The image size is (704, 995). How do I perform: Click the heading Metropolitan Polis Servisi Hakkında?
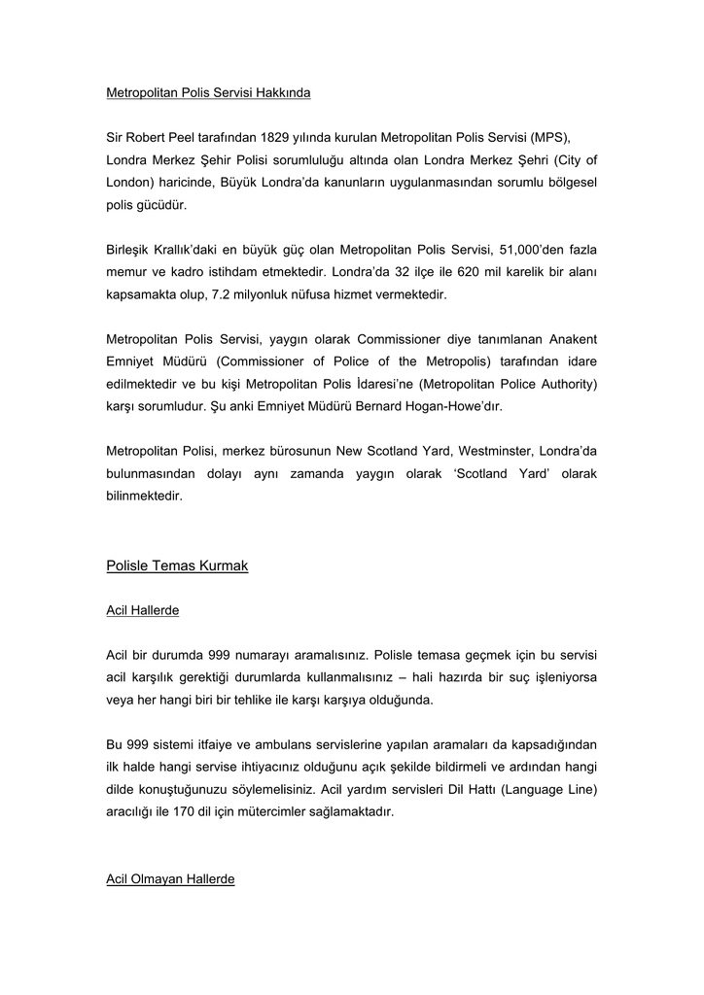[208, 93]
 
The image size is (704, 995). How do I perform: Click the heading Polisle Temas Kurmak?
[177, 566]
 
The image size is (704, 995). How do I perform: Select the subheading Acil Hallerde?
[142, 610]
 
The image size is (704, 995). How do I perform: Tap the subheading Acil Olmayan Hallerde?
[170, 879]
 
